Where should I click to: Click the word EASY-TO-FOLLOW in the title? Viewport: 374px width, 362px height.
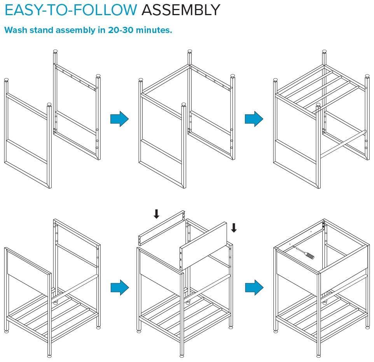click(x=71, y=10)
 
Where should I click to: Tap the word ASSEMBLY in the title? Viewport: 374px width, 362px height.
click(x=180, y=10)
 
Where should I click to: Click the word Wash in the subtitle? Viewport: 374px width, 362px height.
click(x=16, y=30)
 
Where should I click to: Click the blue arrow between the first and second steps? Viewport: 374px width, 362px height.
click(x=119, y=119)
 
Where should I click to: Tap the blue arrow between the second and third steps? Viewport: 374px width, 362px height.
click(x=254, y=119)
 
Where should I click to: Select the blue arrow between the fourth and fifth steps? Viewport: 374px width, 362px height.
click(x=120, y=287)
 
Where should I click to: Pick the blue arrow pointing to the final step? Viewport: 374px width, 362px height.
click(x=254, y=287)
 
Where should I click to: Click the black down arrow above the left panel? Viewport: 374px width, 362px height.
click(x=156, y=214)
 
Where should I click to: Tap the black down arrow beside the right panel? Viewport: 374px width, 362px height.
click(x=234, y=228)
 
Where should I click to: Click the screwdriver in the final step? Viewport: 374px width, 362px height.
click(x=305, y=253)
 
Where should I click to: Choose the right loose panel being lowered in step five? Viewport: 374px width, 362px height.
click(x=203, y=246)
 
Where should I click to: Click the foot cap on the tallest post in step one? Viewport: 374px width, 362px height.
click(x=55, y=51)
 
